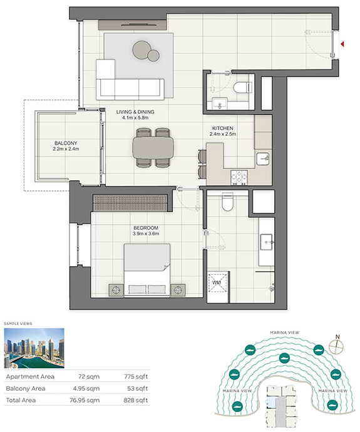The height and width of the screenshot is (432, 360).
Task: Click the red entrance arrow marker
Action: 342,44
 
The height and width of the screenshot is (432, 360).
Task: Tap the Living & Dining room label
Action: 135,112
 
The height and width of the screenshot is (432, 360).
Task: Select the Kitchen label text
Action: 222,128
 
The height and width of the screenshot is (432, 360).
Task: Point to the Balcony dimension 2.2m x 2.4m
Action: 66,149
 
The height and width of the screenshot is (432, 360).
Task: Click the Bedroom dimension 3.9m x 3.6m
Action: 146,234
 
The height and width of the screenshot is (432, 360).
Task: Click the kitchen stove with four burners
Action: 239,177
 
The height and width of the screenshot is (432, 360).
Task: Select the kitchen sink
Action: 263,159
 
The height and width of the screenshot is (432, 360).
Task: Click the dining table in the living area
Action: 153,148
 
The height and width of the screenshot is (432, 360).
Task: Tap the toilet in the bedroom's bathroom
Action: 227,202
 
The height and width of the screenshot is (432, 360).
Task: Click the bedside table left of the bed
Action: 116,290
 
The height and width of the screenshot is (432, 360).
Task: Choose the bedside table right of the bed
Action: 178,290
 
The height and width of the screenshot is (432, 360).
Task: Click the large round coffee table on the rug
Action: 141,50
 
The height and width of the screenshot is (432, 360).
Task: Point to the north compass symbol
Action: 336,346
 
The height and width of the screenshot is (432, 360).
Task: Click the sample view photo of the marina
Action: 34,348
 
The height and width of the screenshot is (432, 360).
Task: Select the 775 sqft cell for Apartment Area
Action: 136,376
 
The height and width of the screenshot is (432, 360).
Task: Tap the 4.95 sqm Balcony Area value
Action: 86,388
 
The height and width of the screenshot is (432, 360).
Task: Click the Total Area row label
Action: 21,400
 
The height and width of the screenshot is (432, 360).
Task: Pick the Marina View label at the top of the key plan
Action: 284,332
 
